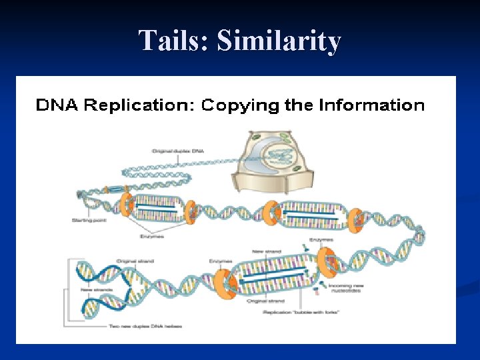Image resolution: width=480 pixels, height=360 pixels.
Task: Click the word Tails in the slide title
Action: (x=173, y=41)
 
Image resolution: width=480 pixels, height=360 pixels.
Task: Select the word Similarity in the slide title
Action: (x=279, y=41)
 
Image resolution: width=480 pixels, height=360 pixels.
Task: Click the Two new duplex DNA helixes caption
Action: (x=145, y=326)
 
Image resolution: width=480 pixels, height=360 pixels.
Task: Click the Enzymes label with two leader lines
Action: (x=153, y=235)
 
